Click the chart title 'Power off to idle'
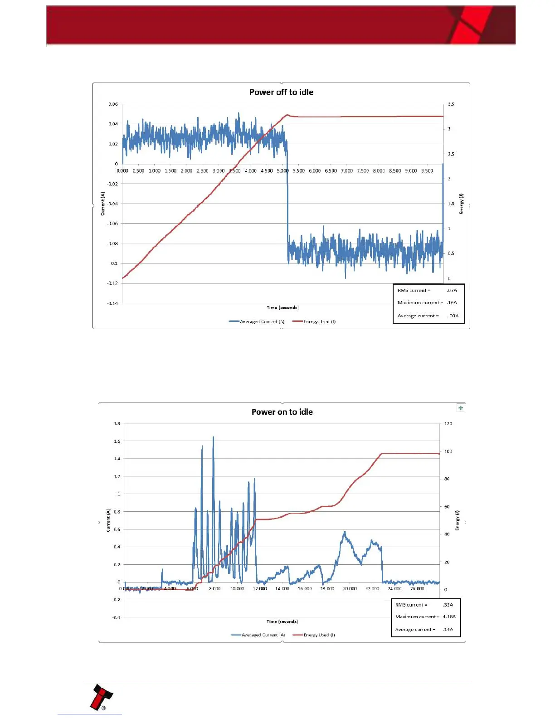pos(281,92)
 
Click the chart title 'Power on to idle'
pos(282,412)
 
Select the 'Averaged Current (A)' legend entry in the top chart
pos(257,322)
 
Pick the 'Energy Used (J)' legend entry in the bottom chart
pos(314,635)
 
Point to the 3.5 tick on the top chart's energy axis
pos(451,104)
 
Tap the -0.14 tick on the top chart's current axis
pos(112,303)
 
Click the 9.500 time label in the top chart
pos(427,171)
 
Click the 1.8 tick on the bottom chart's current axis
pos(117,423)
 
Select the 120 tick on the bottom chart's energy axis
pos(448,423)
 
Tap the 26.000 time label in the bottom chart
pos(417,588)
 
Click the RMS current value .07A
pos(452,290)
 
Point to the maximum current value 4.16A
pos(449,616)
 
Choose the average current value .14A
pos(448,629)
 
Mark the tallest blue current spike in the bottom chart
pos(213,438)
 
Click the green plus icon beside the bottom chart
pos(461,408)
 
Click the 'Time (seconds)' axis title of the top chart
pos(282,307)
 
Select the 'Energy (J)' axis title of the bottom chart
pos(457,520)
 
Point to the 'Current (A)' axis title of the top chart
pos(103,203)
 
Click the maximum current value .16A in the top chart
pos(452,302)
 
